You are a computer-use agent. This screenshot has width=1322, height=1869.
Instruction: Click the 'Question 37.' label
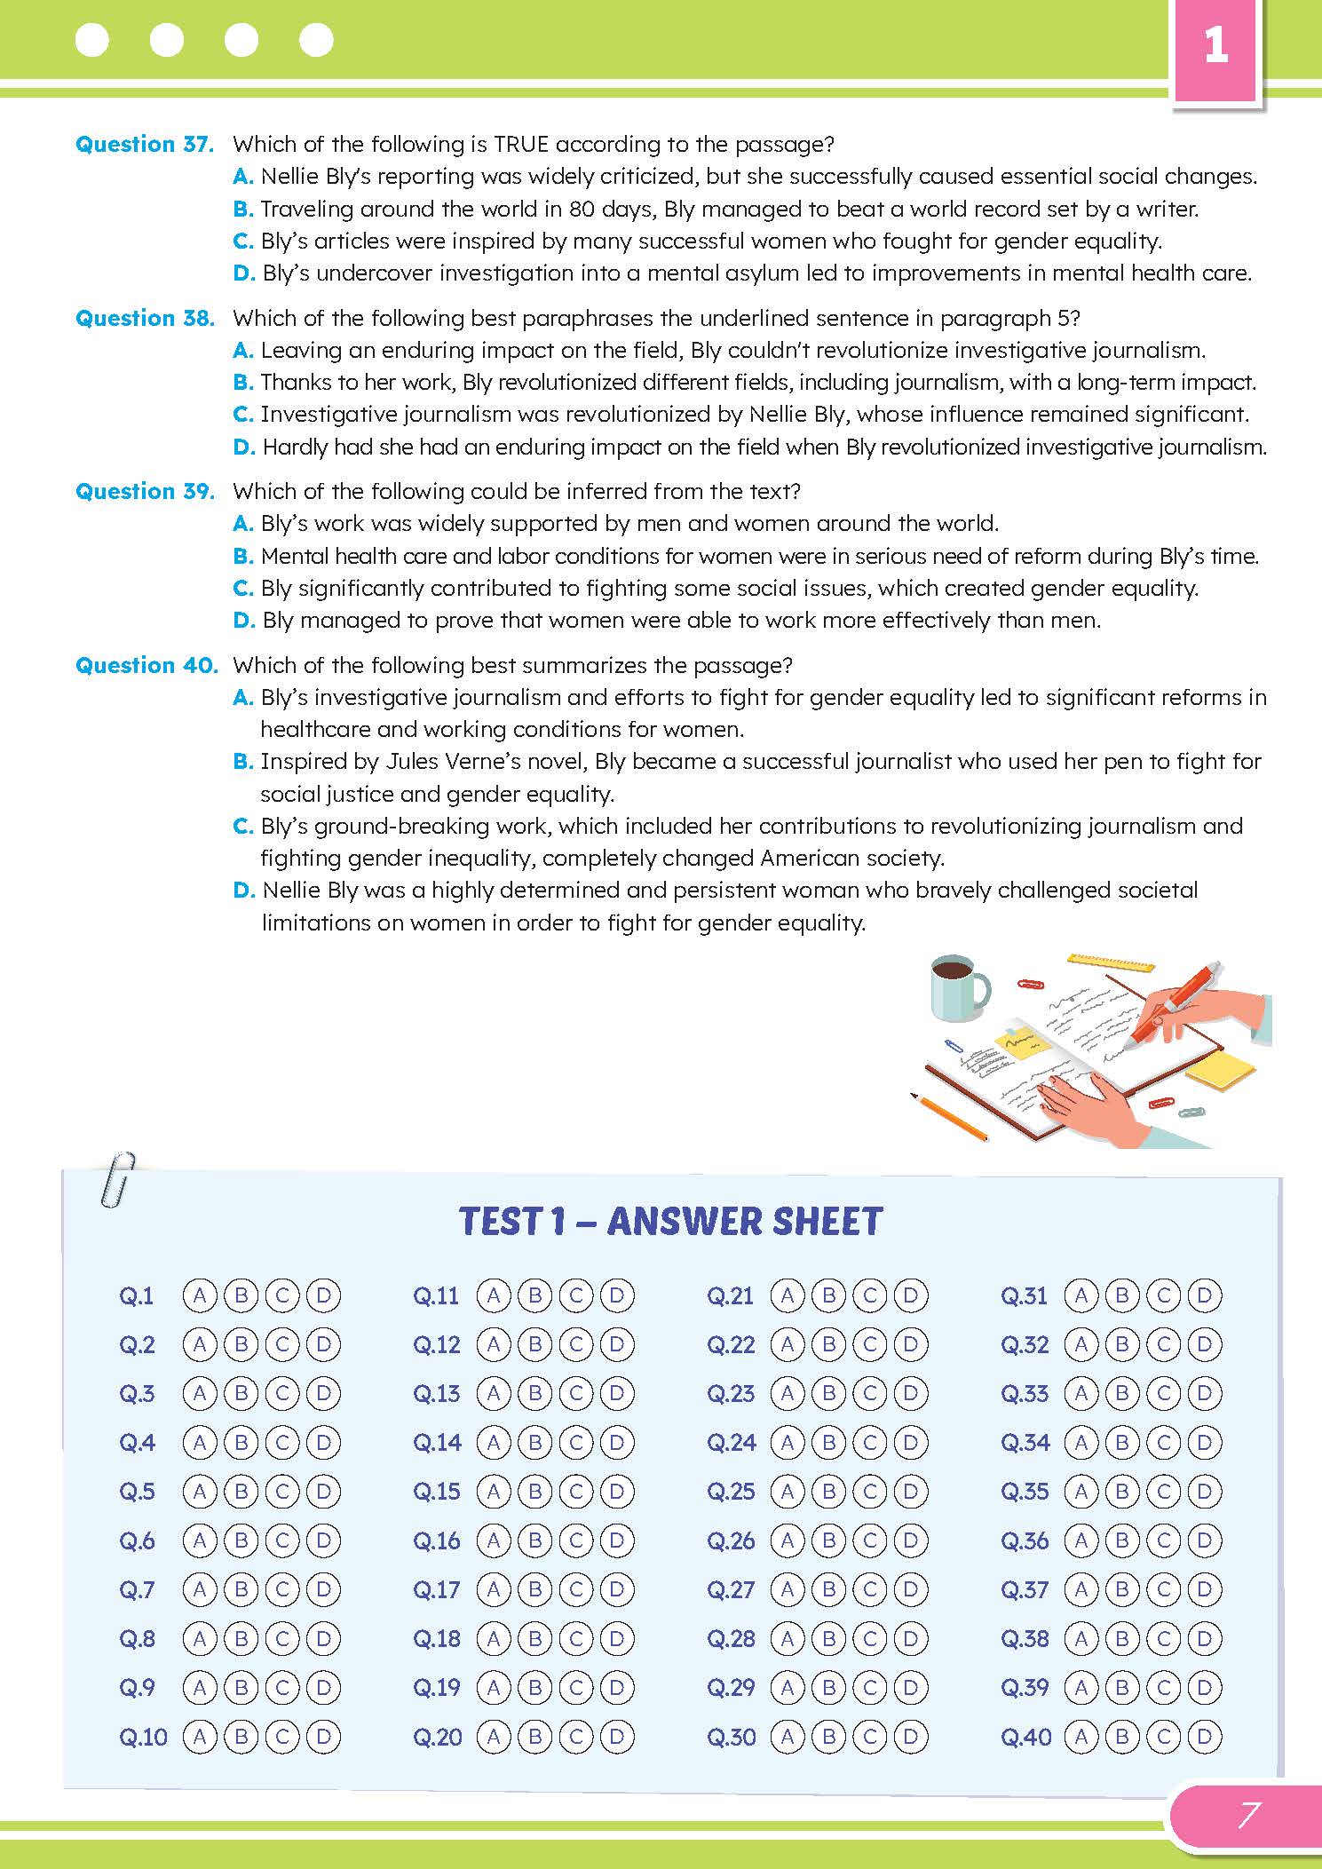pos(145,144)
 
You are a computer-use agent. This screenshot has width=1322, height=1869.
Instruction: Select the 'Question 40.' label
pos(146,665)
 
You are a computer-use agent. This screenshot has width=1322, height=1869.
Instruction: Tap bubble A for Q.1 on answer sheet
pos(200,1295)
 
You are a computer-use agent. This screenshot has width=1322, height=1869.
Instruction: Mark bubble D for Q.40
pos(1204,1736)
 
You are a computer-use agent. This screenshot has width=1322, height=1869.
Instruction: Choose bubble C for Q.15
pos(575,1491)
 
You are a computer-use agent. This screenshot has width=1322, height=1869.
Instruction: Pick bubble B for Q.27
pos(828,1588)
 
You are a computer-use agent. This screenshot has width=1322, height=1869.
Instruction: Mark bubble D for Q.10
pos(323,1736)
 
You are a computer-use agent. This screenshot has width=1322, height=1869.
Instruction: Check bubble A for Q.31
pos(1081,1295)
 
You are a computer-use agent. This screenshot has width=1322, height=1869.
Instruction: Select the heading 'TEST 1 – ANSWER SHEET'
pos(670,1222)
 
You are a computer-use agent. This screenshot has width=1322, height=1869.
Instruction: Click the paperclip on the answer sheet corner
pos(118,1179)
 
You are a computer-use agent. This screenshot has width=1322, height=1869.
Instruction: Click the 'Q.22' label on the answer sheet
pos(730,1345)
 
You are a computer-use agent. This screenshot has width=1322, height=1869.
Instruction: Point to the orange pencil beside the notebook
pos(950,1117)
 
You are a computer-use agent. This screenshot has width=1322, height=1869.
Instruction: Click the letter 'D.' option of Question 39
pos(244,620)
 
